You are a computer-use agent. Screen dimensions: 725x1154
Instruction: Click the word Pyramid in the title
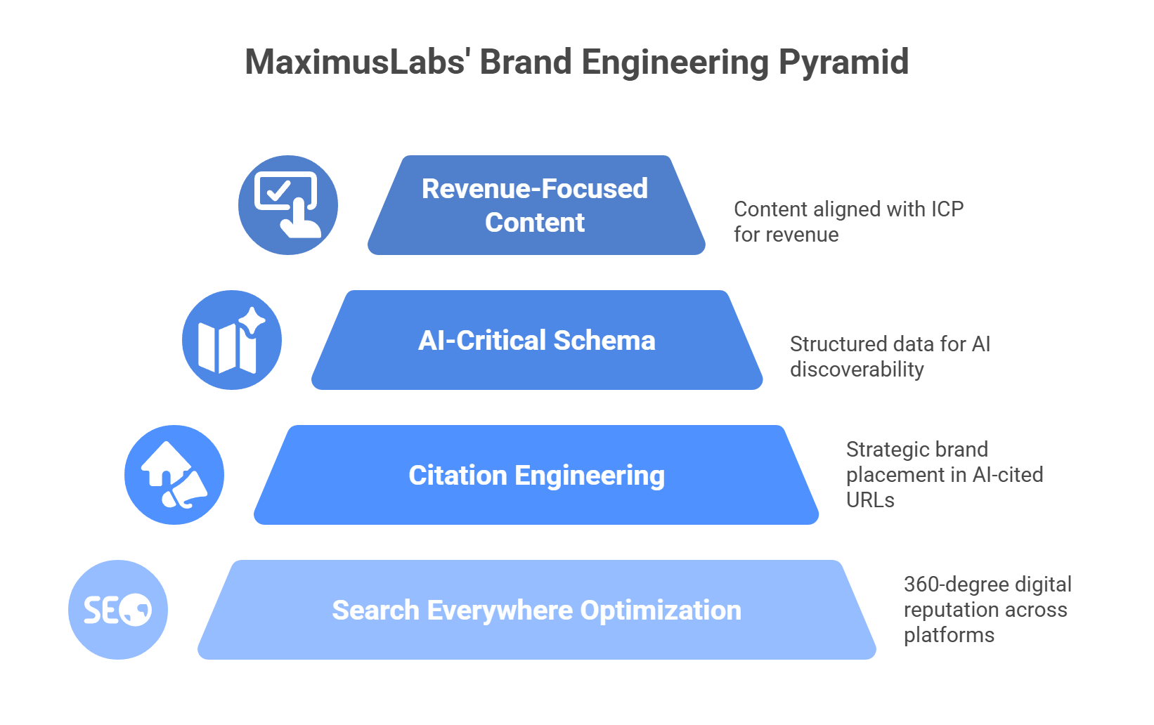pos(843,63)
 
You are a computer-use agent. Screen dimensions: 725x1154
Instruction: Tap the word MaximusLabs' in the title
pos(357,62)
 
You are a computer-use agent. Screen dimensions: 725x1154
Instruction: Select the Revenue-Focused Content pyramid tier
pos(536,205)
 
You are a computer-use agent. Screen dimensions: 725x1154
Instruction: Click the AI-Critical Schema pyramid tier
pos(537,341)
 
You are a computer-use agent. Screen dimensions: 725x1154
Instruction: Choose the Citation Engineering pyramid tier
pos(537,476)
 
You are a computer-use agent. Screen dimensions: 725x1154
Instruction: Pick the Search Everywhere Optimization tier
pos(537,610)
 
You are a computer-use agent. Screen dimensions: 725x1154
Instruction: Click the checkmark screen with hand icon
pos(287,205)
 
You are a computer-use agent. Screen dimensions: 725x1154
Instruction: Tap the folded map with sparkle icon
pos(232,341)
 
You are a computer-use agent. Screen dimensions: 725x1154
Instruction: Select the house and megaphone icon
pos(174,475)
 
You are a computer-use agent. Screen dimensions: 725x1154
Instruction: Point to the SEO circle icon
pos(118,610)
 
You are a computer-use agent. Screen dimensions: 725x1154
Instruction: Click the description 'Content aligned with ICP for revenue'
pos(848,221)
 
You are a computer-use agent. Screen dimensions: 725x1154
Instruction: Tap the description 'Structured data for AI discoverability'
pos(890,356)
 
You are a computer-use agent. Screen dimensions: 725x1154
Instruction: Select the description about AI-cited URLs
pos(944,475)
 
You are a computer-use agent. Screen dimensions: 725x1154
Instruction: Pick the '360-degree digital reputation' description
pos(987,609)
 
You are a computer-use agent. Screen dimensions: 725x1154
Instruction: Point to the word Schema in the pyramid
pos(604,341)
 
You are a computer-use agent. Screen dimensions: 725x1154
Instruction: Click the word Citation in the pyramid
pos(458,476)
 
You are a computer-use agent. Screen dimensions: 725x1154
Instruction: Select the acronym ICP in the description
pos(947,209)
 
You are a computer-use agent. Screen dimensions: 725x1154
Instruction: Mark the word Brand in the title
pos(525,62)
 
